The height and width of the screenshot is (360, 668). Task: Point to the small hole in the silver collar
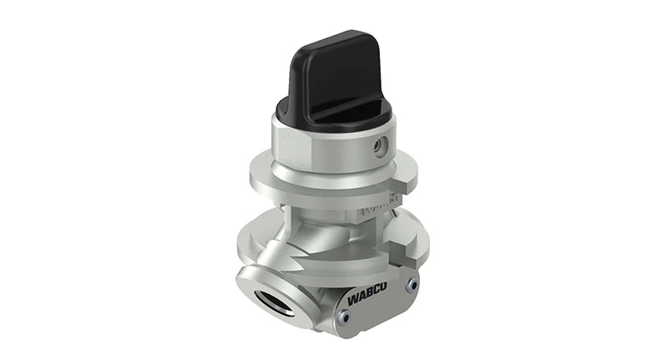(x=382, y=146)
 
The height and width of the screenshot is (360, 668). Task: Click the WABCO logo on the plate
(x=367, y=295)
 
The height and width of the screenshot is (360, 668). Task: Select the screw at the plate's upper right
(x=411, y=284)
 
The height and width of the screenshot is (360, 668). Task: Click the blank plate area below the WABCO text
(x=376, y=313)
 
